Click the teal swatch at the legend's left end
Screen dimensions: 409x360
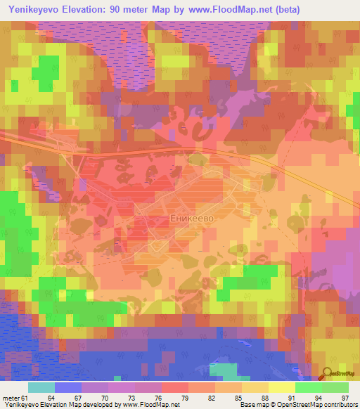pyautogui.click(x=41, y=388)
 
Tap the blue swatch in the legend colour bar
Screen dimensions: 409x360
pyautogui.click(x=67, y=388)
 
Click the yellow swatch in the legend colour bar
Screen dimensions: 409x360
pyautogui.click(x=281, y=388)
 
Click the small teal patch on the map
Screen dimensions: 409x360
pyautogui.click(x=224, y=370)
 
